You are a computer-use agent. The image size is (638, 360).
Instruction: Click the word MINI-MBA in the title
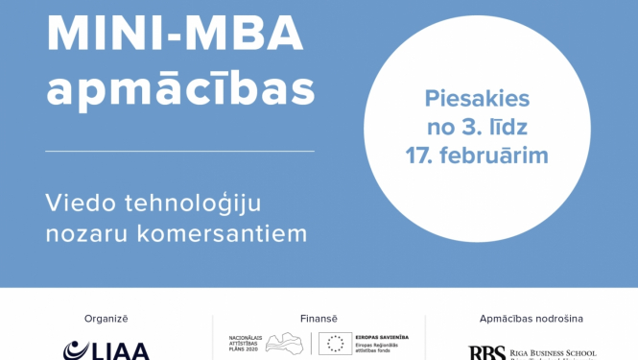pyautogui.click(x=175, y=36)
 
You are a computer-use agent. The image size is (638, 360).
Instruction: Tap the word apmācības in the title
pyautogui.click(x=180, y=91)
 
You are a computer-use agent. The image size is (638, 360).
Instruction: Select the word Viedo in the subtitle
pyautogui.click(x=82, y=203)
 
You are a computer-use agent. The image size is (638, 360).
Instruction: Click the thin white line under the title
pyautogui.click(x=179, y=151)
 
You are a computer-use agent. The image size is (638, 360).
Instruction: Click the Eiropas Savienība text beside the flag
pyautogui.click(x=383, y=337)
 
